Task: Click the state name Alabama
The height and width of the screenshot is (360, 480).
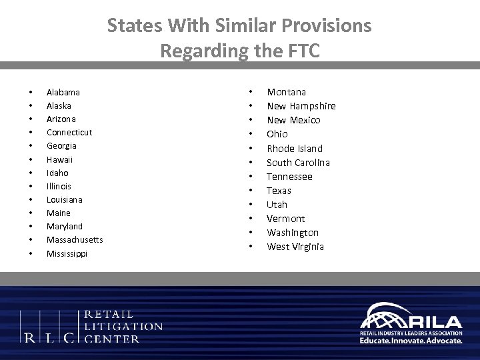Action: (63, 92)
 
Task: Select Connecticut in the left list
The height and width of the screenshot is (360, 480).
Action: (69, 132)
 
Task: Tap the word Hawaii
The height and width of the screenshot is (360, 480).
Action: (60, 159)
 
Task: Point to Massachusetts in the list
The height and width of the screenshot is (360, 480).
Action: (75, 239)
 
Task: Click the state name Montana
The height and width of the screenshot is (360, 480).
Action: (287, 92)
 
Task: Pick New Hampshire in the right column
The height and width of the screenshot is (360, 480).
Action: (301, 106)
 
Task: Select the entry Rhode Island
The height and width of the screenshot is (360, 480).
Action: (295, 148)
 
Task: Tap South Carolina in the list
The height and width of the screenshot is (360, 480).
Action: (298, 163)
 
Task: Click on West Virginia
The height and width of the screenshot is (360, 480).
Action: (295, 247)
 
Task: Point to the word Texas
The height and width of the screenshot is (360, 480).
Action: (279, 191)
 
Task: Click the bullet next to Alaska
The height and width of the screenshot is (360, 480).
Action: (30, 106)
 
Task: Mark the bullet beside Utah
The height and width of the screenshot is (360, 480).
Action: (251, 205)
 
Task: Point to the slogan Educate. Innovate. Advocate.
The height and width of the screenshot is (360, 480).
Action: (411, 340)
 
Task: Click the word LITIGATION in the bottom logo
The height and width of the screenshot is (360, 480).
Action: (125, 326)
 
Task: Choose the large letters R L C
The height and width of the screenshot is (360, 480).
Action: (50, 337)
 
